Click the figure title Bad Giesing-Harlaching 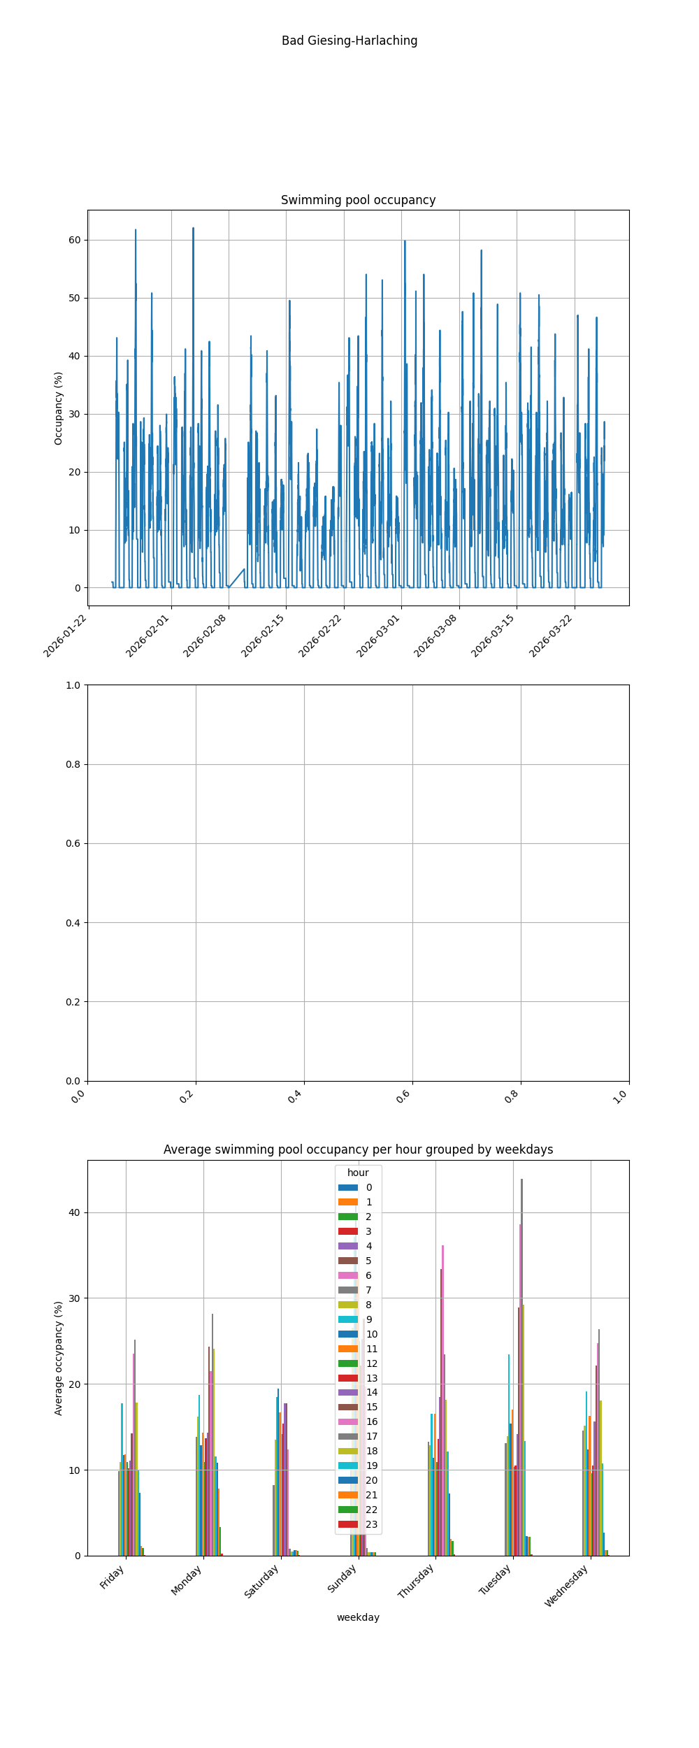(x=349, y=41)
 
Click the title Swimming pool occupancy (x=358, y=200)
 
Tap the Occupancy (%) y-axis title (x=59, y=408)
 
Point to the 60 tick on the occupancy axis (x=74, y=240)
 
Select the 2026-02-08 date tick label (x=206, y=636)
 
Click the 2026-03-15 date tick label (x=493, y=636)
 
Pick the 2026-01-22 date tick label (x=66, y=636)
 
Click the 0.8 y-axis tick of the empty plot (x=73, y=764)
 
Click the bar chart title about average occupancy (x=358, y=1149)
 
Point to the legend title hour (x=358, y=1173)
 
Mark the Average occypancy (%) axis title (x=59, y=1358)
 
